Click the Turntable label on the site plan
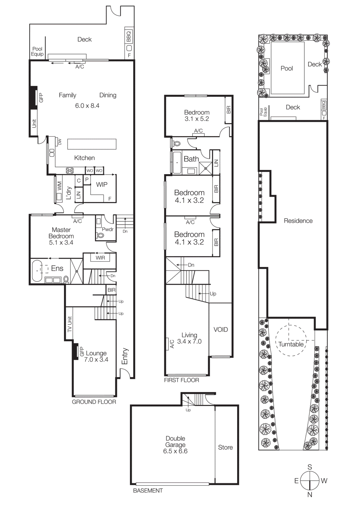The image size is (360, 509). [291, 345]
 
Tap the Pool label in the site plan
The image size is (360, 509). [286, 68]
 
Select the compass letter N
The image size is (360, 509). [310, 495]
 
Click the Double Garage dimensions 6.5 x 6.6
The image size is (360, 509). [175, 451]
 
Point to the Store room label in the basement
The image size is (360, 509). [225, 447]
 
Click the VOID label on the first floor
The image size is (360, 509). [221, 330]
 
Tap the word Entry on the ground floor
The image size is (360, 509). [124, 356]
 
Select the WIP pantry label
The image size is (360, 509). [102, 185]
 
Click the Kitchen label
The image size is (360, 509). [84, 158]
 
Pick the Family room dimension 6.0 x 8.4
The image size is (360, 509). [87, 106]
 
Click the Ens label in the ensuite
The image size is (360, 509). [57, 268]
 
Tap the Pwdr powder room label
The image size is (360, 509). [108, 229]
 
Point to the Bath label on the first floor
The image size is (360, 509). [191, 159]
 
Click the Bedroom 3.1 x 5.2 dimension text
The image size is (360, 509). [197, 119]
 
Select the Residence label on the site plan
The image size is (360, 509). [298, 221]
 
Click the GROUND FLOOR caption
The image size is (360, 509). [94, 402]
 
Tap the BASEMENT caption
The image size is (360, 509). [148, 491]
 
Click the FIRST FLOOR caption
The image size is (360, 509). [181, 380]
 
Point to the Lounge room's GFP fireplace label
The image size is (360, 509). [81, 352]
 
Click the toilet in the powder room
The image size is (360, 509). [101, 236]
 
